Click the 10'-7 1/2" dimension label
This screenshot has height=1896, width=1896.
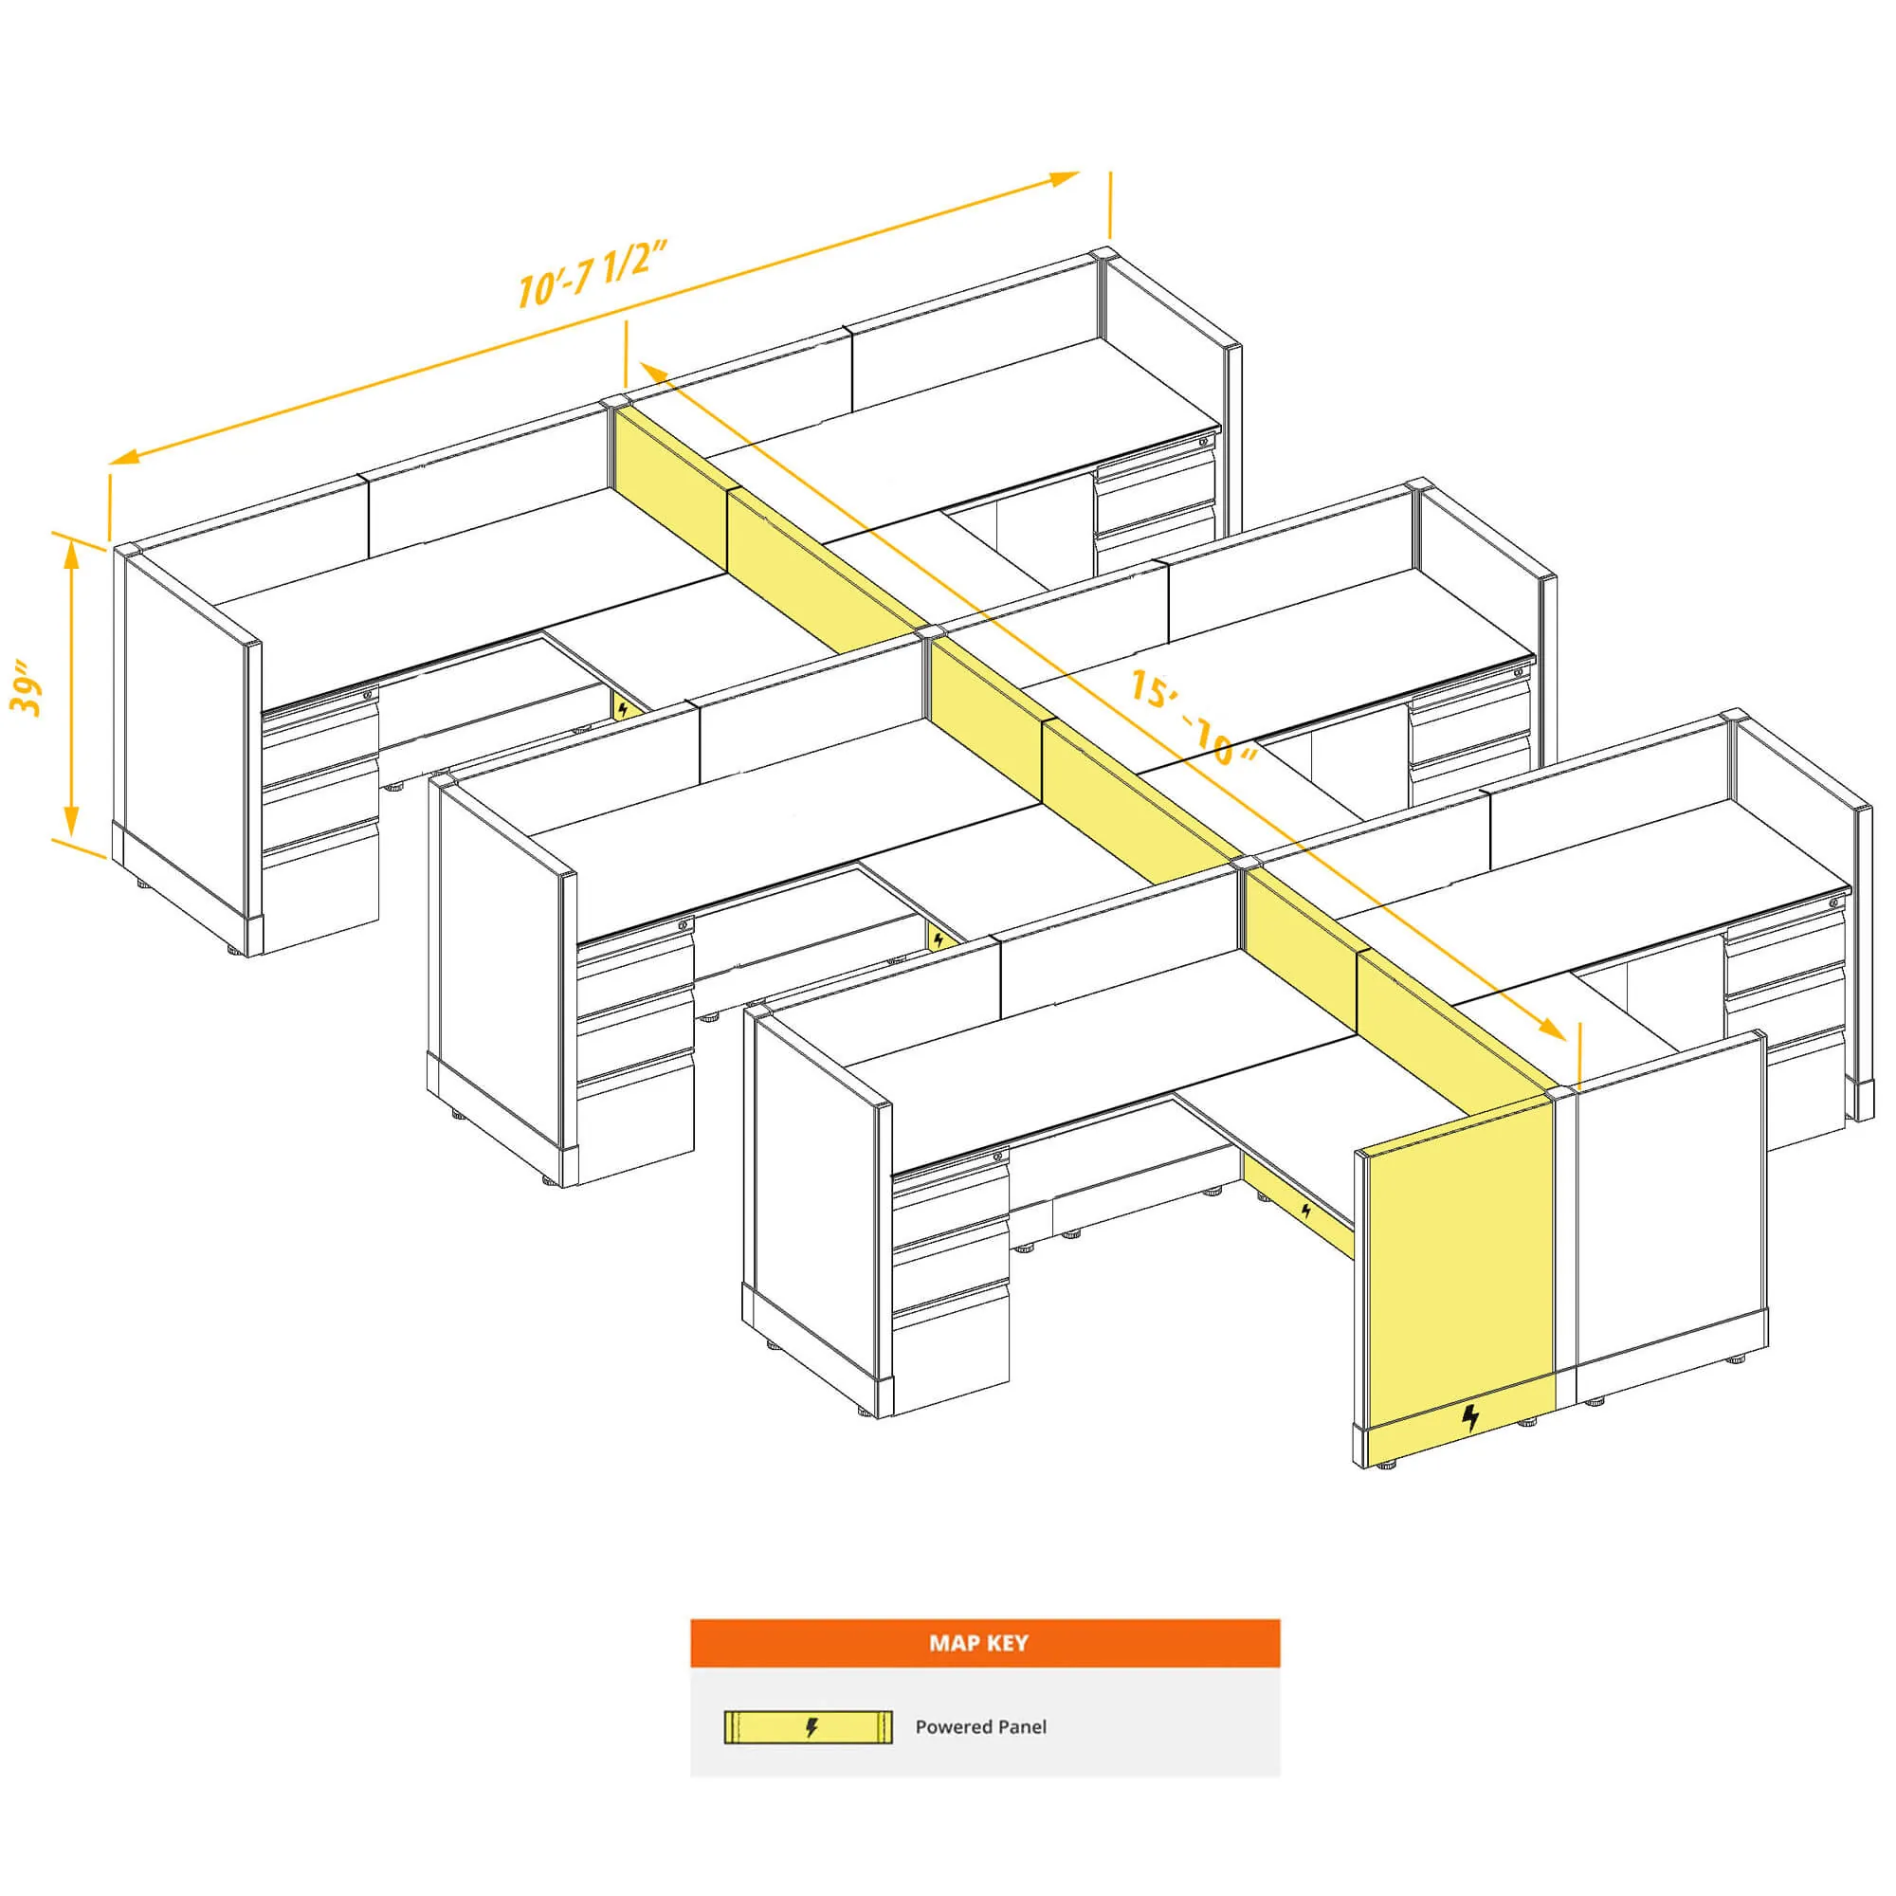tap(592, 274)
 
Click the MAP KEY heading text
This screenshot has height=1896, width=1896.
tap(978, 1644)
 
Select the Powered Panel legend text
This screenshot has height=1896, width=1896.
tap(980, 1727)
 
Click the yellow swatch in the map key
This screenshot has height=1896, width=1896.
tap(808, 1727)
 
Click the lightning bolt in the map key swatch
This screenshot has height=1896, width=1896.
tap(811, 1727)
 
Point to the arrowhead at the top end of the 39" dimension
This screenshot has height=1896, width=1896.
tap(71, 552)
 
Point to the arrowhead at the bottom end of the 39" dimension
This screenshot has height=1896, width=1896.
tap(71, 820)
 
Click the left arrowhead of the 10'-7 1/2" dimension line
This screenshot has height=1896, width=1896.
tap(123, 455)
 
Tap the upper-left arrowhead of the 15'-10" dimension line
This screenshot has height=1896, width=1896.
tap(654, 372)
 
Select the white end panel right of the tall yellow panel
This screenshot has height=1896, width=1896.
tap(1668, 1217)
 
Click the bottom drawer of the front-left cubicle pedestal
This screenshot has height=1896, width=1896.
tap(950, 1349)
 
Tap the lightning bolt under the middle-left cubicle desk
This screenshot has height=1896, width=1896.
tap(939, 940)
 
